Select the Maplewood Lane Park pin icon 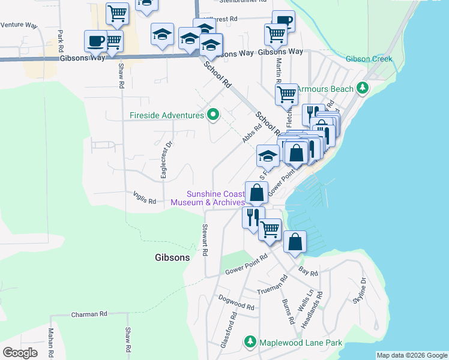251,343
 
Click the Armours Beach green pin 362,89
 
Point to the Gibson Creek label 369,59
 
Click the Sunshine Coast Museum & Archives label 208,198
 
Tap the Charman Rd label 89,314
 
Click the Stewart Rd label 205,241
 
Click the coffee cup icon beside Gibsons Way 95,41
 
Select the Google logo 20,353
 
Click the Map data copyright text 412,355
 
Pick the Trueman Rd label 273,287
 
